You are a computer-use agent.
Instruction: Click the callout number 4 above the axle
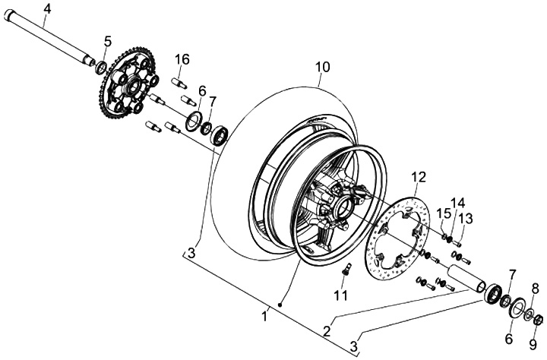(47, 8)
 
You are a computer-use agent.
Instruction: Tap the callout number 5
(108, 41)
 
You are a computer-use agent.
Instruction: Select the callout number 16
(182, 59)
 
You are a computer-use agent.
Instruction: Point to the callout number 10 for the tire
(323, 67)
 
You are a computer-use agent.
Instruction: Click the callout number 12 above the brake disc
(419, 178)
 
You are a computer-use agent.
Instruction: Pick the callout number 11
(340, 295)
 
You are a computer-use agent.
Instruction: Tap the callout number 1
(265, 317)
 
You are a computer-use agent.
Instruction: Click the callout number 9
(533, 344)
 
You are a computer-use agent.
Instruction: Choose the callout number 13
(466, 219)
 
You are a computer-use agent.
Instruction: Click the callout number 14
(457, 203)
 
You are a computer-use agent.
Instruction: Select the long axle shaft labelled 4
(49, 37)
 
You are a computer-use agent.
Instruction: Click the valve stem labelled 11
(347, 269)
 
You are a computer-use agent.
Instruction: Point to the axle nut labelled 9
(539, 319)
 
